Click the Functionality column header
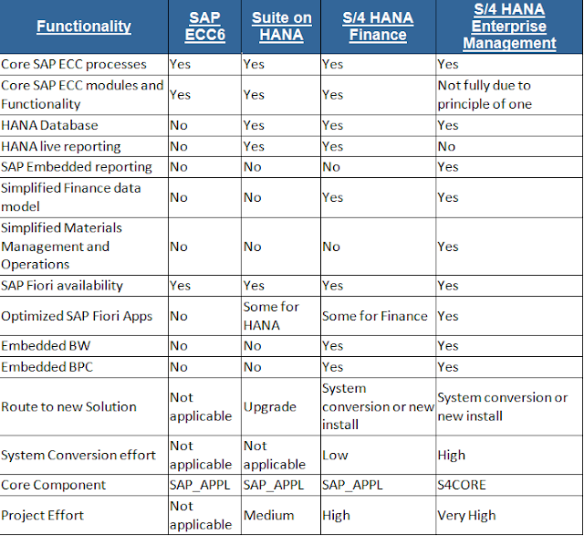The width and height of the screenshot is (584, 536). pyautogui.click(x=84, y=26)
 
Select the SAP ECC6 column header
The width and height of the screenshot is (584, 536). pyautogui.click(x=204, y=26)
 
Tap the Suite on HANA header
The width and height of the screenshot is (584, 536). pyautogui.click(x=280, y=26)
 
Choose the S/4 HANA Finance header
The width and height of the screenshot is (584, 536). pyautogui.click(x=378, y=26)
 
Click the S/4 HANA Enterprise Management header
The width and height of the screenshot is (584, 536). pyautogui.click(x=508, y=26)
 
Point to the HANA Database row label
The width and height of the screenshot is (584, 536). pyautogui.click(x=50, y=125)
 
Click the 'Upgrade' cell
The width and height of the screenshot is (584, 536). pyautogui.click(x=268, y=406)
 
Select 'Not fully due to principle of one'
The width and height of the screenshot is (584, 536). pyautogui.click(x=485, y=94)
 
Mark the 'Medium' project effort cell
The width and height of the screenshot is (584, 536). pyautogui.click(x=269, y=515)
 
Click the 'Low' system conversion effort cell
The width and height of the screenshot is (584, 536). pyautogui.click(x=335, y=455)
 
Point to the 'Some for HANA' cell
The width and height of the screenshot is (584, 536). pyautogui.click(x=271, y=316)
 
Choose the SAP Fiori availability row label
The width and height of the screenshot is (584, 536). pyautogui.click(x=62, y=286)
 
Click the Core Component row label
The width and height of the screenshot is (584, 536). pyautogui.click(x=54, y=485)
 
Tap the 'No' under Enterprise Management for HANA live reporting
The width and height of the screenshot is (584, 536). pyautogui.click(x=447, y=146)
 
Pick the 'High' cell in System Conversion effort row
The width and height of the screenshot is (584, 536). pyautogui.click(x=452, y=455)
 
